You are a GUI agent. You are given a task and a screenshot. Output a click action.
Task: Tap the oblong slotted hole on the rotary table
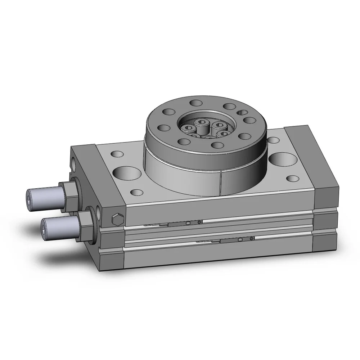(243, 112)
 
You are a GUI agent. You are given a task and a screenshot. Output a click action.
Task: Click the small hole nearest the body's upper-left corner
(117, 154)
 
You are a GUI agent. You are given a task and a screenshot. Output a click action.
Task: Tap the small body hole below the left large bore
(136, 192)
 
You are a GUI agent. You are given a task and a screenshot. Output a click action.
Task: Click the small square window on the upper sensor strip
(188, 223)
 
